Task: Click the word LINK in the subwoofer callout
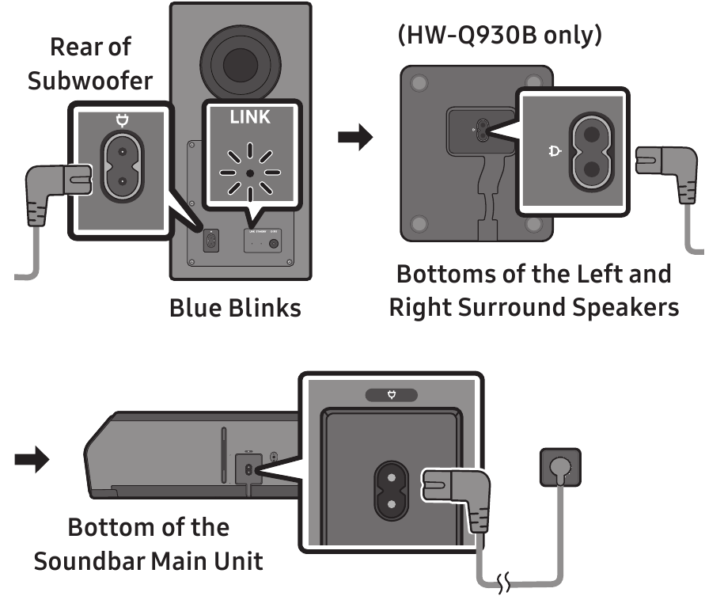(249, 117)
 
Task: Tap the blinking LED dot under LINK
(250, 171)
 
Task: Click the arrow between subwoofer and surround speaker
(354, 138)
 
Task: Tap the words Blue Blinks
(235, 307)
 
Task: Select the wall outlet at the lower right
(559, 466)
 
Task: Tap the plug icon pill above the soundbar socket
(390, 393)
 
